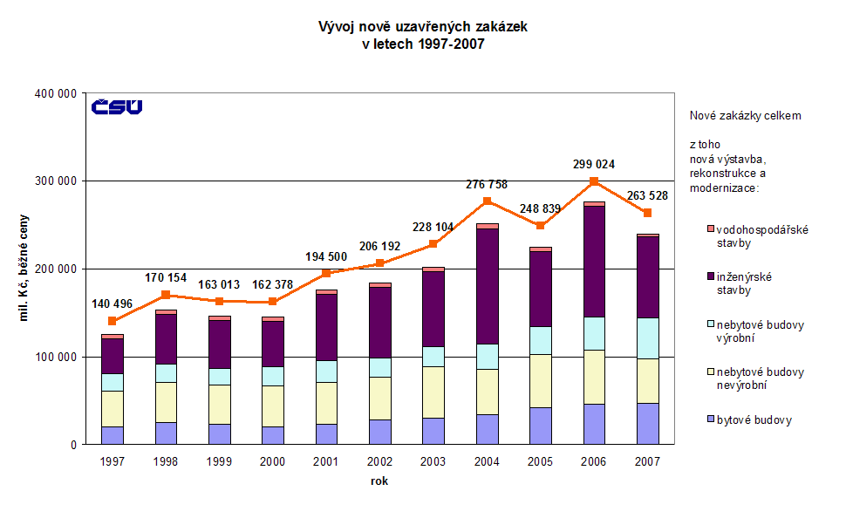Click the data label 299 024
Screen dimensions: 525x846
coord(593,164)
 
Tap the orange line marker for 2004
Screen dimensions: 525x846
coord(487,201)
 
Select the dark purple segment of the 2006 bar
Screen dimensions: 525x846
coord(594,261)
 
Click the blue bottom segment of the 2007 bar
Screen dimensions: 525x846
coord(647,424)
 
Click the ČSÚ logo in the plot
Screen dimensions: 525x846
coord(117,107)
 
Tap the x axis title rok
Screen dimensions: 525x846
coord(379,480)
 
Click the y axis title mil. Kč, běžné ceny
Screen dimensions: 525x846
coord(26,265)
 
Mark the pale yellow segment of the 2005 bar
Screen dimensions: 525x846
coord(540,380)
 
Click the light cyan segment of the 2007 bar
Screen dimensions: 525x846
coord(647,337)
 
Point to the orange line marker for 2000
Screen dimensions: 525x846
coord(272,302)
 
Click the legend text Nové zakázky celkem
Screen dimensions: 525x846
coord(745,116)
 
